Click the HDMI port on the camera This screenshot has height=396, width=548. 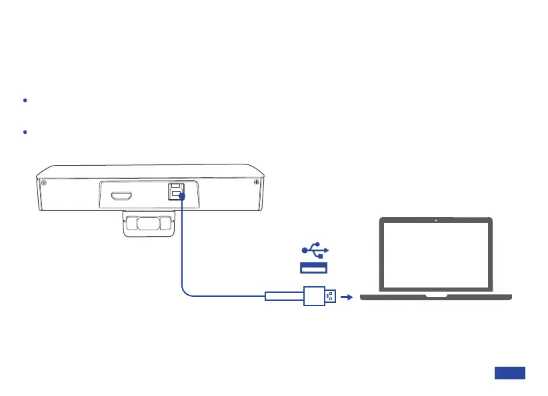click(122, 196)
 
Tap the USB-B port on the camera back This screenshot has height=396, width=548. click(175, 190)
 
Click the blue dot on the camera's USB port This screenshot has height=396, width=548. click(181, 196)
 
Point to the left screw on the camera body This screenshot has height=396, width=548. click(43, 182)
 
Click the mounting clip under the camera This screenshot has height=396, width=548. click(150, 224)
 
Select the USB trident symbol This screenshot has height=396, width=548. click(314, 250)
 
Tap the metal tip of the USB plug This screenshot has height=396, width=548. click(331, 296)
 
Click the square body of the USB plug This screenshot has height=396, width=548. click(314, 296)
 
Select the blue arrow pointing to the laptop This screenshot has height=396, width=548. click(345, 297)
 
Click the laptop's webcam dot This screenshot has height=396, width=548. click(435, 220)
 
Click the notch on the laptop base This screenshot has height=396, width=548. click(437, 294)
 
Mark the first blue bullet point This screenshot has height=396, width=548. click(25, 100)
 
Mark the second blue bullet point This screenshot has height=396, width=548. click(25, 132)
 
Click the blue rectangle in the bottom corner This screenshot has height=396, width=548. click(510, 373)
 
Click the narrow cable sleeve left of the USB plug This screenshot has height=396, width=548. click(284, 296)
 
